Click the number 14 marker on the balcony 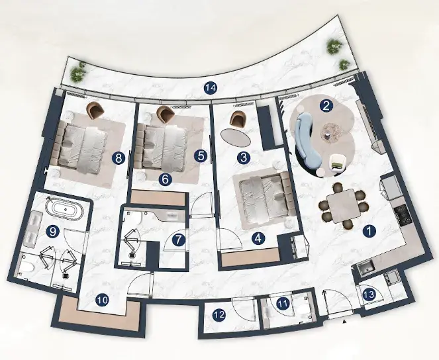click(211, 88)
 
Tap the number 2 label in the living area click(326, 106)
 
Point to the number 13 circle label click(369, 294)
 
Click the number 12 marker click(219, 315)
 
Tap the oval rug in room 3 click(236, 137)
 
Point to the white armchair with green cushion click(338, 162)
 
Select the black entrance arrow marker click(345, 322)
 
